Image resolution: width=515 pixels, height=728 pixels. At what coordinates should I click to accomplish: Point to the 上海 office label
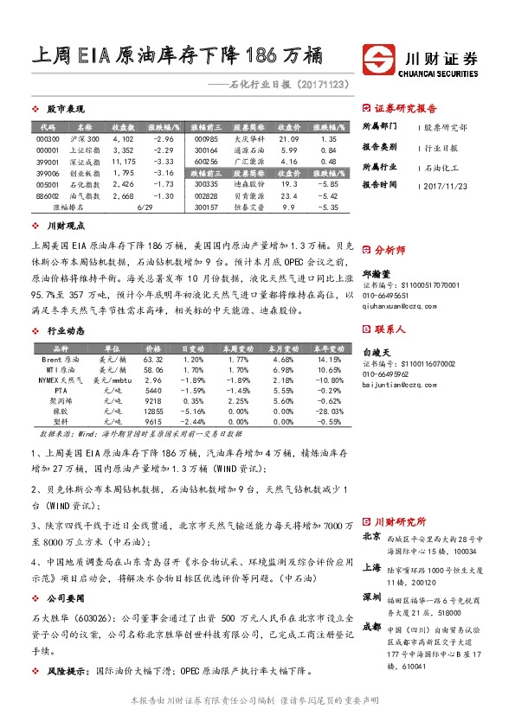[x=372, y=568]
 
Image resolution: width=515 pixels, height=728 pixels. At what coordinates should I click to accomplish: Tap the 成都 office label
[x=372, y=627]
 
